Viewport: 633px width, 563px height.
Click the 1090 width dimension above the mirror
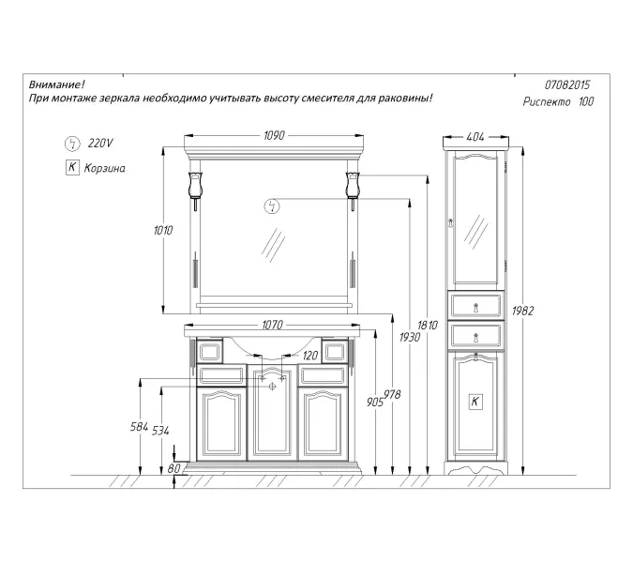click(274, 135)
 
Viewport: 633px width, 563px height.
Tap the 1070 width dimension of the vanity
click(273, 325)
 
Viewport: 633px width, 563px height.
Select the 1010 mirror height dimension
click(163, 230)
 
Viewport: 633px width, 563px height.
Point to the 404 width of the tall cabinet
click(475, 137)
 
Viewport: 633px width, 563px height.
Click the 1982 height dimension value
click(522, 311)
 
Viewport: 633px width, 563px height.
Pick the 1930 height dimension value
click(410, 337)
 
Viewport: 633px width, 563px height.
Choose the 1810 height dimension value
click(428, 325)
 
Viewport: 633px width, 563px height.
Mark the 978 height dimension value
click(392, 395)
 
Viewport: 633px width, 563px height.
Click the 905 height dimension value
click(374, 403)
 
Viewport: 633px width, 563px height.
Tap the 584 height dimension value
click(140, 427)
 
